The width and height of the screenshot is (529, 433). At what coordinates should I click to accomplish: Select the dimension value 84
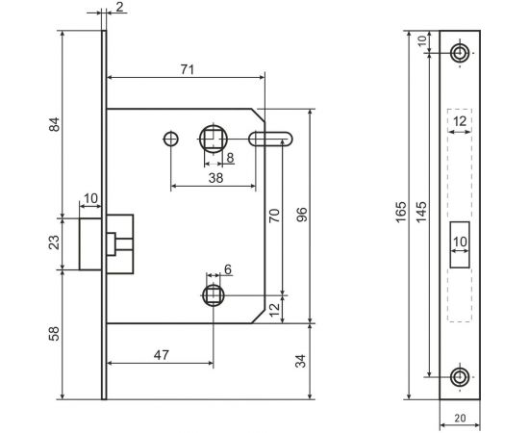click(55, 124)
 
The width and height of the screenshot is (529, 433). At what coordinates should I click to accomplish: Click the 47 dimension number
click(161, 354)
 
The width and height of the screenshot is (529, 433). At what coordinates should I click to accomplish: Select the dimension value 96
click(301, 216)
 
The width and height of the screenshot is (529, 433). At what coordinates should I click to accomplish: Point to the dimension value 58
click(55, 334)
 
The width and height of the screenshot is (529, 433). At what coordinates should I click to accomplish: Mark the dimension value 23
click(55, 243)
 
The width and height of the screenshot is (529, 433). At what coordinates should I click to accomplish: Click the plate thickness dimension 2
click(119, 8)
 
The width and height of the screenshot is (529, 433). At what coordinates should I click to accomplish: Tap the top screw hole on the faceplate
click(461, 52)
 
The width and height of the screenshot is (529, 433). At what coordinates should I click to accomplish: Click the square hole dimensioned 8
click(213, 138)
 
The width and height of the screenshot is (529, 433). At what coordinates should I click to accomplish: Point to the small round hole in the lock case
click(170, 138)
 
